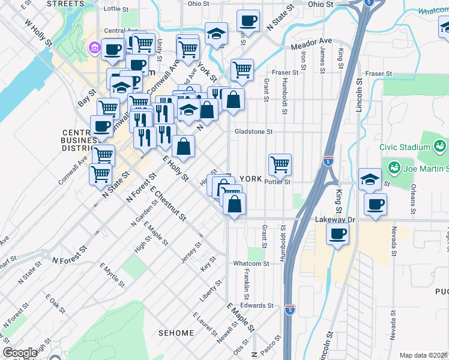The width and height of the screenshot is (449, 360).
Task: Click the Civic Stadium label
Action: point(405,147)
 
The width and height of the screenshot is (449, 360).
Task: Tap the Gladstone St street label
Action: point(253,131)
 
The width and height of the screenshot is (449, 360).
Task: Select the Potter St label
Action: point(277,181)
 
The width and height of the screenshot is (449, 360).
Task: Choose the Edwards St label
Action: point(257,305)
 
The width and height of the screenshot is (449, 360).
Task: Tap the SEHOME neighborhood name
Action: point(176,333)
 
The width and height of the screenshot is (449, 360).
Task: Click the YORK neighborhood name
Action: point(251,179)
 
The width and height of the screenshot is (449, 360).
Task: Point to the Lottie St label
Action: point(116,10)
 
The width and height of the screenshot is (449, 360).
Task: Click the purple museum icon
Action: point(95,47)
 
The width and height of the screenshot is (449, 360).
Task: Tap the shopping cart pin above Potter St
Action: point(280,164)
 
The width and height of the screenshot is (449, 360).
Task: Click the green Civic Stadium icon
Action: point(440,146)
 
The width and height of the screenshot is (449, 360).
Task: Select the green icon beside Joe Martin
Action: point(394,166)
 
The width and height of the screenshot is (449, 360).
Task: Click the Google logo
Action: point(20,353)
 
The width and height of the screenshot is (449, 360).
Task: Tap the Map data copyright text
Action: point(424,355)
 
